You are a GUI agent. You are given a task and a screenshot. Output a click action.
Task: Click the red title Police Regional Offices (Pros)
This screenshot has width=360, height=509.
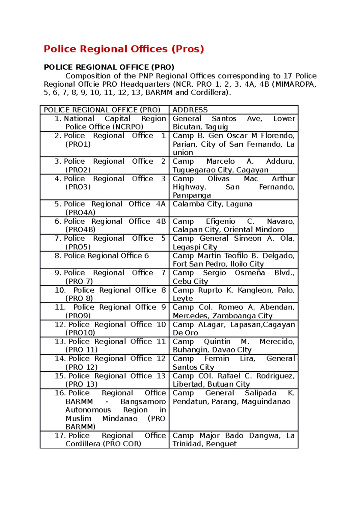point(124,49)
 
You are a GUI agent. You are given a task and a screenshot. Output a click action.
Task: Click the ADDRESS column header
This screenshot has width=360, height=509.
point(190,110)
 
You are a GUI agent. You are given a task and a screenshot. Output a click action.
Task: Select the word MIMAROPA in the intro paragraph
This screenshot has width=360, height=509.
point(295,84)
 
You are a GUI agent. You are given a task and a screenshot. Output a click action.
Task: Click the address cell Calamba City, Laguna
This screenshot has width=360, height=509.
point(212,204)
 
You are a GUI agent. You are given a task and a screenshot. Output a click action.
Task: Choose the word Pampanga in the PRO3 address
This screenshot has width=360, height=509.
point(192,195)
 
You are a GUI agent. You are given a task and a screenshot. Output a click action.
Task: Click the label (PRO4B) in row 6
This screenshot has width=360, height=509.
point(80,230)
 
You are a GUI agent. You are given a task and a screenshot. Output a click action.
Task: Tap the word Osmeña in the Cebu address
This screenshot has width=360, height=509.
point(250,273)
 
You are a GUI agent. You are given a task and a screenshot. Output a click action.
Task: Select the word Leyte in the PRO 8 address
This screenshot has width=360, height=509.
point(183,299)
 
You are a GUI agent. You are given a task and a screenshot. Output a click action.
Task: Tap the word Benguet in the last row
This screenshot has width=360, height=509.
point(221,444)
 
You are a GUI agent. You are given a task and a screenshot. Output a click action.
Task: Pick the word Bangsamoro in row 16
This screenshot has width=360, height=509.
point(143,402)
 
